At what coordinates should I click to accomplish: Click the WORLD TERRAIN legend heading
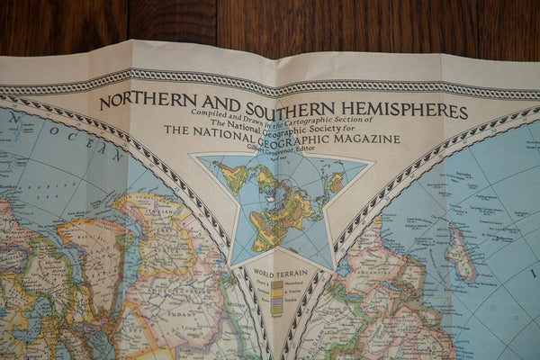pos(281,273)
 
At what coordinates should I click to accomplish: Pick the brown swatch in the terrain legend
pos(277,284)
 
